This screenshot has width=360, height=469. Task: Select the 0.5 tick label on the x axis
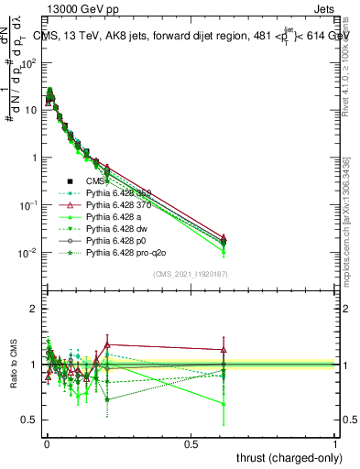tap(191, 443)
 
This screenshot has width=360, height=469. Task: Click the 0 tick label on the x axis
tap(46, 443)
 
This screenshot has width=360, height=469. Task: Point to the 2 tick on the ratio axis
tap(33, 309)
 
